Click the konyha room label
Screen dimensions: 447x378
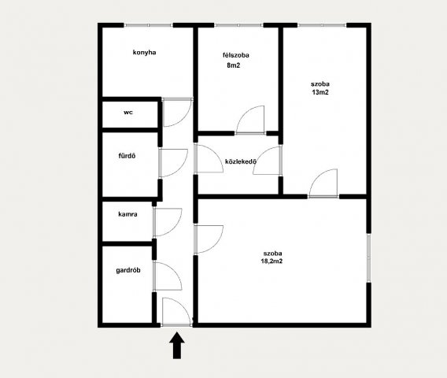(144, 53)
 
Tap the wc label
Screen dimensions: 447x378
(128, 113)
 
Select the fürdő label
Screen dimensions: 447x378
(127, 156)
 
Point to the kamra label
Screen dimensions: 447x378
(127, 214)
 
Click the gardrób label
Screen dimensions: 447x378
(128, 270)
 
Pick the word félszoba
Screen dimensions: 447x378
(236, 55)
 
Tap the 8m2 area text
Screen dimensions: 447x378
(234, 65)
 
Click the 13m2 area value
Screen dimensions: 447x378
(320, 92)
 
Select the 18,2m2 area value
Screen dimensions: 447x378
(272, 261)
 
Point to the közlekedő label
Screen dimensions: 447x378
(241, 161)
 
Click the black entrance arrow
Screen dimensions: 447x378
(177, 345)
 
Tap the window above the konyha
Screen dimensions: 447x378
(149, 25)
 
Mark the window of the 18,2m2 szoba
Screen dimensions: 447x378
(368, 258)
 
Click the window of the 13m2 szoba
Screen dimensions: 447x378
(322, 25)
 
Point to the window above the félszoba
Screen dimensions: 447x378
(238, 25)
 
